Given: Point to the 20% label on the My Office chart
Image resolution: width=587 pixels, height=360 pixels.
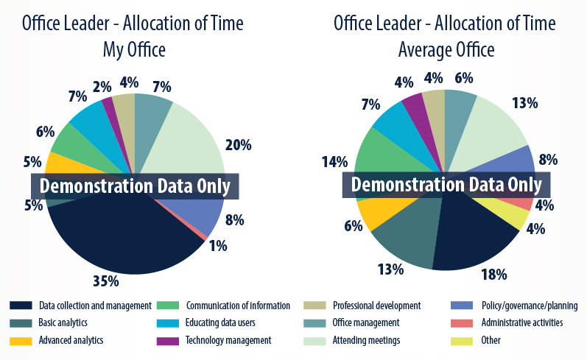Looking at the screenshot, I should [x=238, y=145].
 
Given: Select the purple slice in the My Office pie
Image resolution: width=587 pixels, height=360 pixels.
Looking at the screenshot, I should [x=109, y=105].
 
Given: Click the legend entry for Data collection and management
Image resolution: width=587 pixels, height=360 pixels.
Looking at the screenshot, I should [x=81, y=306].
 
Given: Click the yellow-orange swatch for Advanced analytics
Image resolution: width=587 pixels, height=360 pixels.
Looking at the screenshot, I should [x=20, y=340].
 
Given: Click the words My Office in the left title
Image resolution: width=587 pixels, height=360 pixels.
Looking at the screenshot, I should [x=133, y=50].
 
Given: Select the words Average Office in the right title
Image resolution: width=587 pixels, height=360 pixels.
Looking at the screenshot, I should [x=446, y=50].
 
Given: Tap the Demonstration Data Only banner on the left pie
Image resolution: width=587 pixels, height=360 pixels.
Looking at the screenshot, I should [x=136, y=186].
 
